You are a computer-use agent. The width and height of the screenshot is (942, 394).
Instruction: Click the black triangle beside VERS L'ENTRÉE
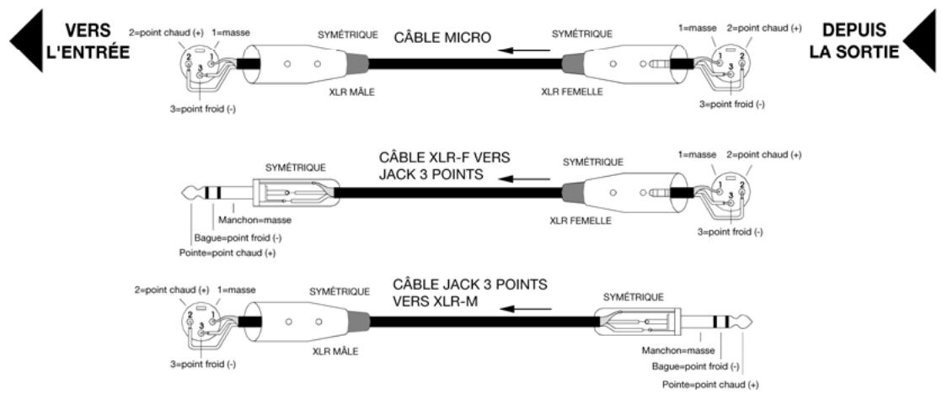(29, 41)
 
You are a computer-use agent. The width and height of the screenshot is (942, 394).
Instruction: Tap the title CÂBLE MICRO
(442, 38)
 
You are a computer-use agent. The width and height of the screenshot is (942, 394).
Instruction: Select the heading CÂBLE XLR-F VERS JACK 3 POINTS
(444, 166)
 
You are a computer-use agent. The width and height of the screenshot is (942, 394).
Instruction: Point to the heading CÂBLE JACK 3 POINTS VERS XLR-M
(470, 292)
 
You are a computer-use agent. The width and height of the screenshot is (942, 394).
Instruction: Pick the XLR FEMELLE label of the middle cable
(581, 221)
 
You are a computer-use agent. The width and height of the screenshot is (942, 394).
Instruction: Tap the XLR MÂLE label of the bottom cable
(335, 351)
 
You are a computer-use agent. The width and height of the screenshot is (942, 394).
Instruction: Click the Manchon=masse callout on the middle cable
(254, 221)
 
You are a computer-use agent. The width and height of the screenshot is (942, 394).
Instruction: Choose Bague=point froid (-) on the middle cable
(238, 237)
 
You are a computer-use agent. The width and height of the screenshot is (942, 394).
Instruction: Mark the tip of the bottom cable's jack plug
(751, 322)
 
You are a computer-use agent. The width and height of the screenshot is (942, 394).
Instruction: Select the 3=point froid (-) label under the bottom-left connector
(202, 364)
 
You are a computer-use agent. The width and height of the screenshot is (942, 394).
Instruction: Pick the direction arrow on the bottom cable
(527, 309)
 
